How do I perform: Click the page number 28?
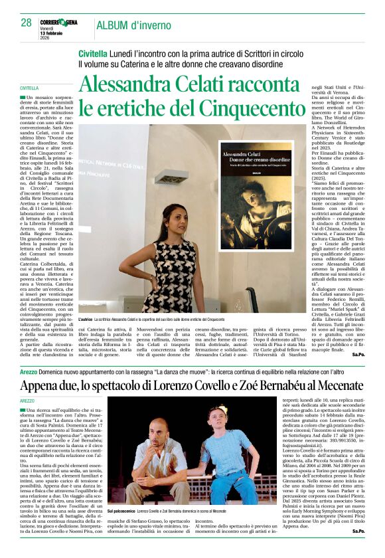point(25,23)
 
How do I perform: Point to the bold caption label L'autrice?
point(87,320)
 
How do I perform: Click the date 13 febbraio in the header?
point(52,32)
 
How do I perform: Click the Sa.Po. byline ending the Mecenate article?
point(358,549)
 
